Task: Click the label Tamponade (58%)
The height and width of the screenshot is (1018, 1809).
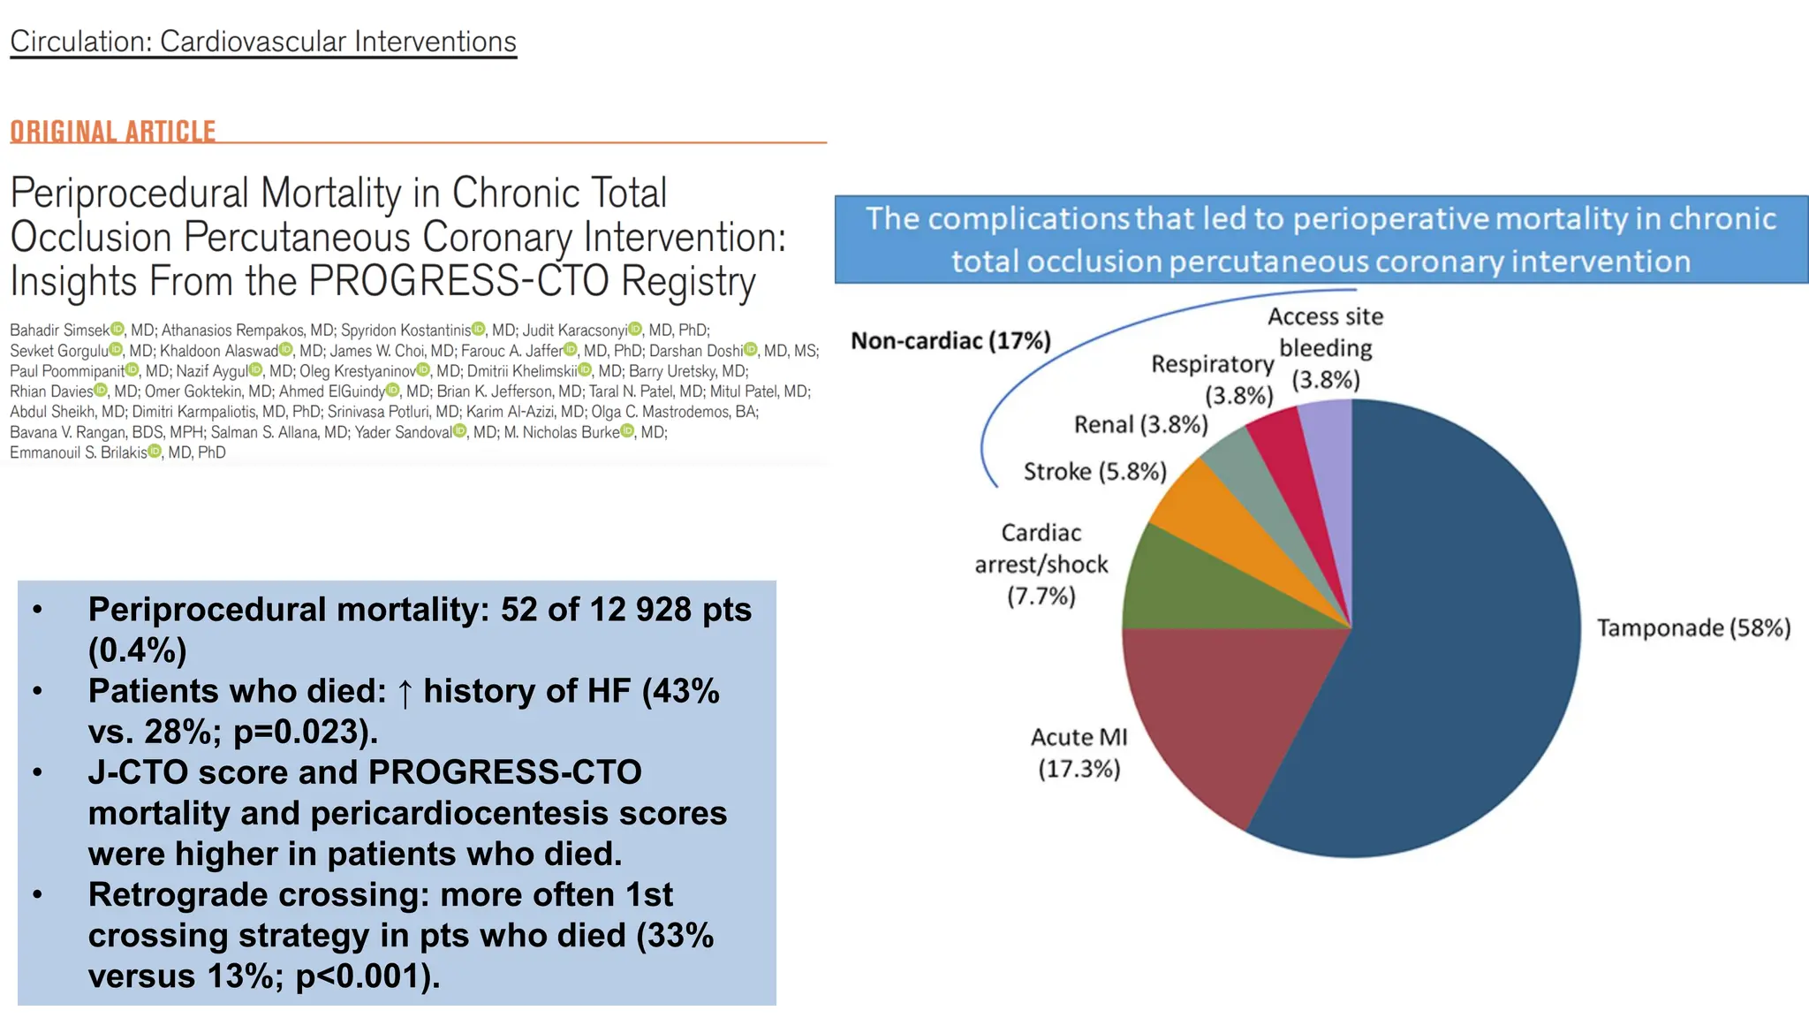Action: pyautogui.click(x=1693, y=628)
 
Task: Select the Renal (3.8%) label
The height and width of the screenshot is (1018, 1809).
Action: pyautogui.click(x=1140, y=425)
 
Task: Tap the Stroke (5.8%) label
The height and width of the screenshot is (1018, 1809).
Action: pyautogui.click(x=1095, y=472)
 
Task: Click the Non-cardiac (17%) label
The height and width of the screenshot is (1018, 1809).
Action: pyautogui.click(x=950, y=341)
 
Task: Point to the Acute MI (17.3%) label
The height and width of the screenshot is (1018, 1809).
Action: pyautogui.click(x=1079, y=753)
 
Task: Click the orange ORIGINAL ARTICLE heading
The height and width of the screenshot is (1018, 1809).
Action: pyautogui.click(x=113, y=132)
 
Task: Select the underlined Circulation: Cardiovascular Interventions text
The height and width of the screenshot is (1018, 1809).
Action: pyautogui.click(x=263, y=42)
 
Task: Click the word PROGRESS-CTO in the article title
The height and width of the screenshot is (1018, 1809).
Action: pyautogui.click(x=458, y=281)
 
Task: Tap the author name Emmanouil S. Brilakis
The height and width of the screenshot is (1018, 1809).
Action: pyautogui.click(x=79, y=452)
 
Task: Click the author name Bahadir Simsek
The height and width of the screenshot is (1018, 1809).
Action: pyautogui.click(x=59, y=330)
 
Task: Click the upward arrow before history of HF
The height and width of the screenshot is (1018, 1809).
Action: pyautogui.click(x=405, y=693)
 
